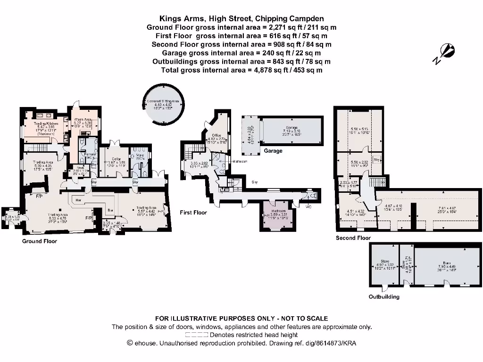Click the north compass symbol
click(445, 51)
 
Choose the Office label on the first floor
click(217, 136)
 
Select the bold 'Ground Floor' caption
click(40, 241)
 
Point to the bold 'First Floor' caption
click(193, 213)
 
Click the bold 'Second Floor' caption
click(353, 238)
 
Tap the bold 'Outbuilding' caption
click(384, 296)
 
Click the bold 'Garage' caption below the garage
click(273, 151)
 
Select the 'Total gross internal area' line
click(241, 70)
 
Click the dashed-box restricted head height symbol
click(197, 335)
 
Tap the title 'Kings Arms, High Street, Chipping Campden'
click(241, 19)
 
